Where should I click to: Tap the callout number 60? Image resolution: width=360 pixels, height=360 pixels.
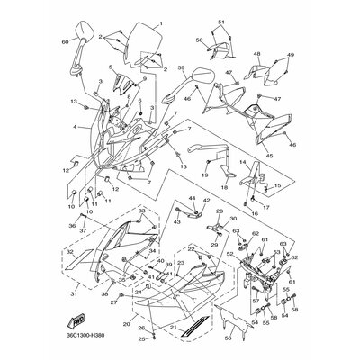[64, 41]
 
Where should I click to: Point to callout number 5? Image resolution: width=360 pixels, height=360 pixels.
[111, 67]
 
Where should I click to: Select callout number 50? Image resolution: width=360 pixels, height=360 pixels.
[199, 40]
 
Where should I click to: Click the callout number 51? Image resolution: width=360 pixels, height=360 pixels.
[221, 20]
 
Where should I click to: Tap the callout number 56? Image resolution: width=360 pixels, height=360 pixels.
[228, 338]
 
